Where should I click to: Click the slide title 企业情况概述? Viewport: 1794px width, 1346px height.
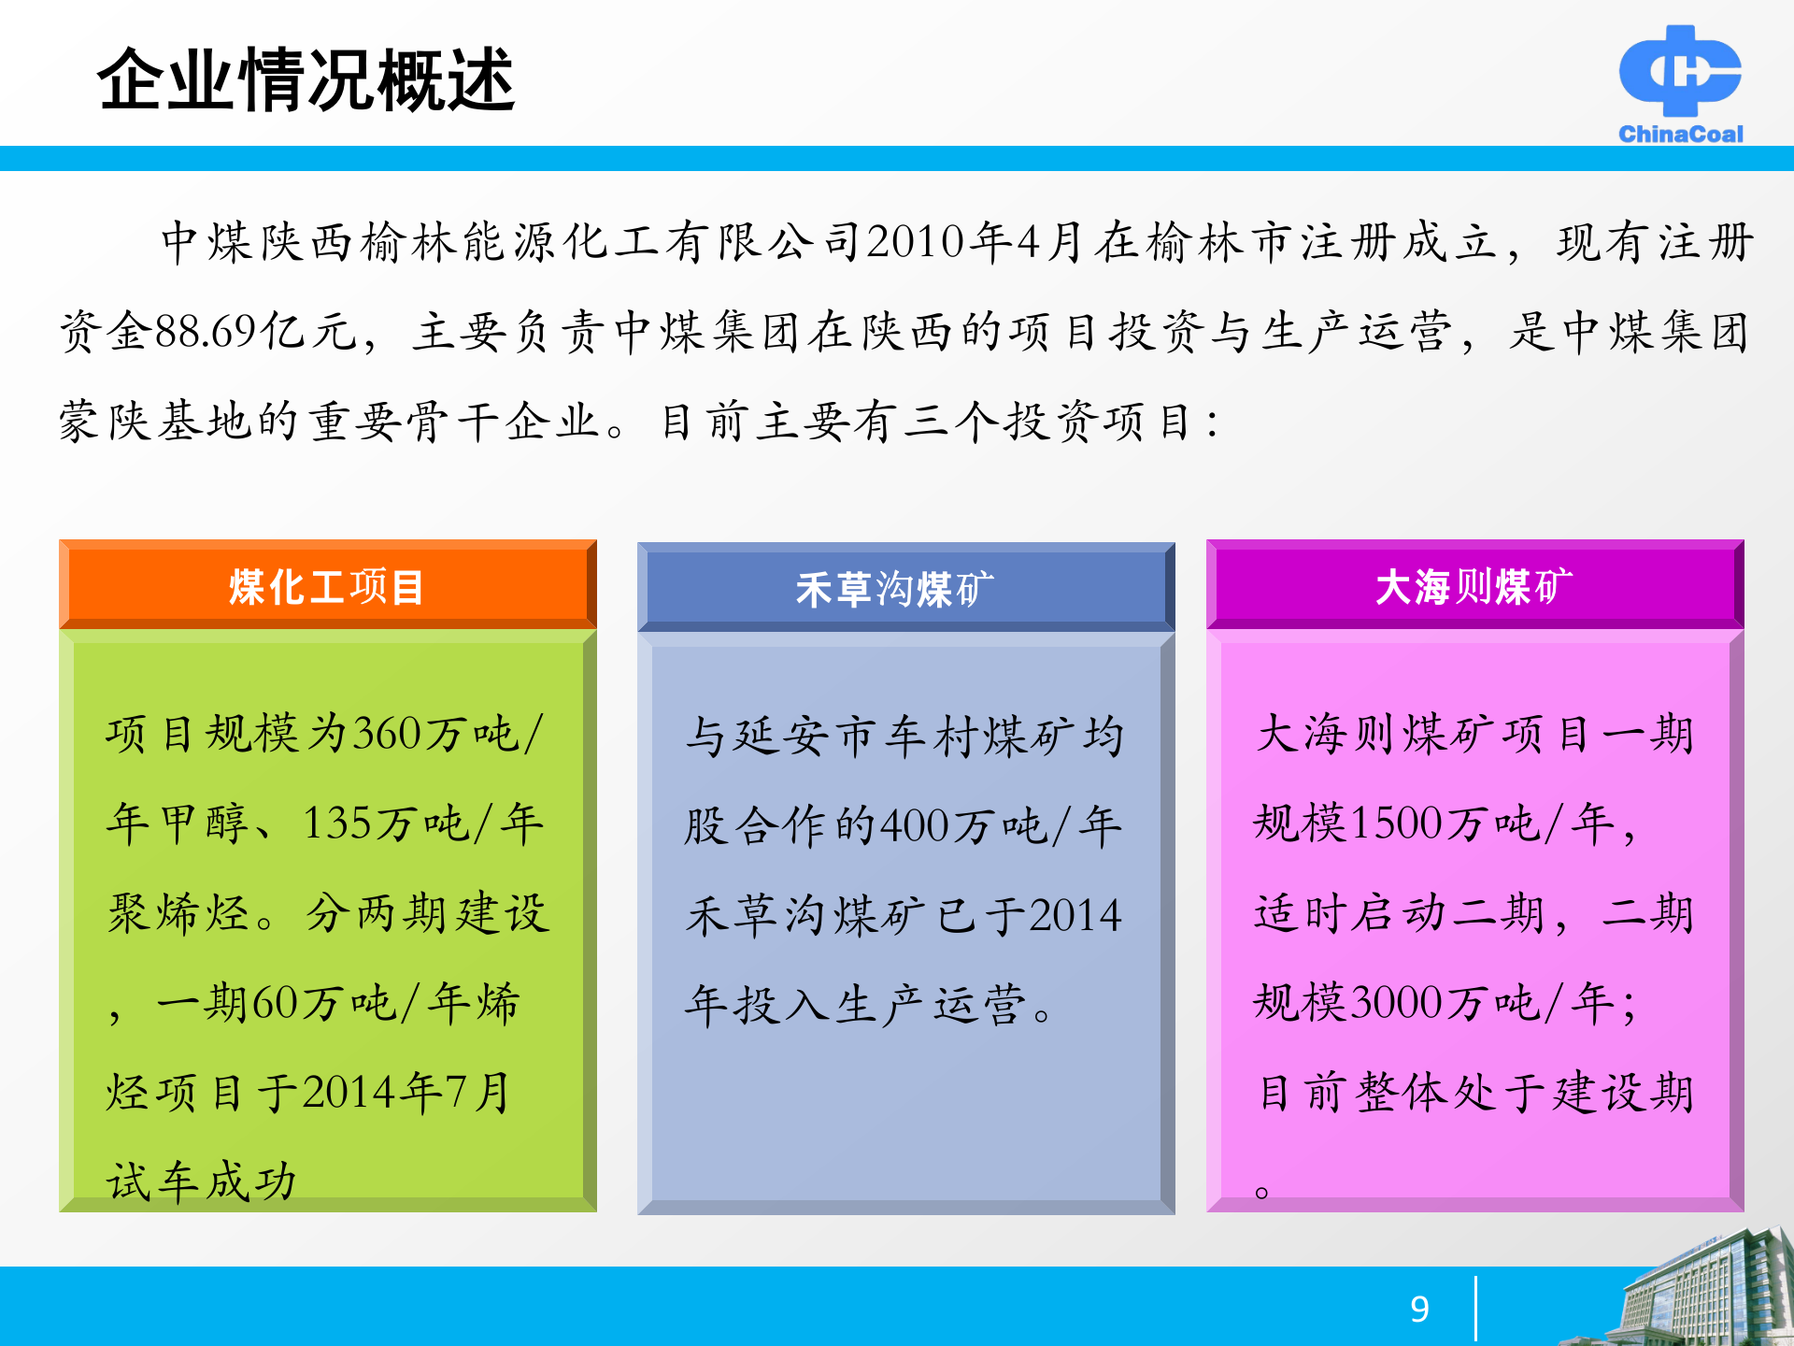(306, 80)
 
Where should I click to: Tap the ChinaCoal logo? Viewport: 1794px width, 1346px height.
(1680, 84)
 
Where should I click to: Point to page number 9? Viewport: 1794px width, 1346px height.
(1419, 1309)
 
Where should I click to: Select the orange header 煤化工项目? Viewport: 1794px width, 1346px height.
(327, 587)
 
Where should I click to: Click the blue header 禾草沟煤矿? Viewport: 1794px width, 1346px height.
(895, 589)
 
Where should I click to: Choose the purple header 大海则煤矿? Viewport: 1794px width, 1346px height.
(1474, 587)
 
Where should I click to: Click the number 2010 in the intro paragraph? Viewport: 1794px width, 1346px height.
(915, 242)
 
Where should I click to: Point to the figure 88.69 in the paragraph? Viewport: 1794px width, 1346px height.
(205, 331)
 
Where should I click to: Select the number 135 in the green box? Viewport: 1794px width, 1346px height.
(337, 823)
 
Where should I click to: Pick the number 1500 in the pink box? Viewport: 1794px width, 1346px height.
(1397, 823)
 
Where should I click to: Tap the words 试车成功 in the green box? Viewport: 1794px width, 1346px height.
(202, 1181)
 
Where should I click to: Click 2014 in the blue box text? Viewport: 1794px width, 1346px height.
(1075, 915)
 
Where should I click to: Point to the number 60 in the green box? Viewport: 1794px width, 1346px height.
(274, 1003)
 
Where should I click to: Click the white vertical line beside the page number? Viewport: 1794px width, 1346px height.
(1475, 1309)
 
